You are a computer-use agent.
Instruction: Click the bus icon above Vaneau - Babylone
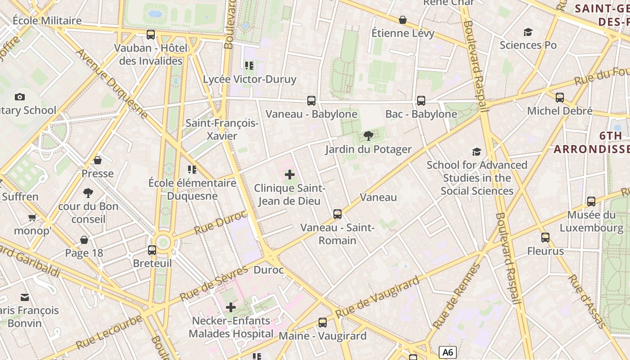click(x=311, y=101)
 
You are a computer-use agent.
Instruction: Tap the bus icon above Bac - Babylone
click(x=421, y=101)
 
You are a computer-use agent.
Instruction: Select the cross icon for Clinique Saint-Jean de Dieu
click(x=290, y=175)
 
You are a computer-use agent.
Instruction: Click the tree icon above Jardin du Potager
click(x=369, y=135)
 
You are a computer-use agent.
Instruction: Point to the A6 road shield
click(x=447, y=352)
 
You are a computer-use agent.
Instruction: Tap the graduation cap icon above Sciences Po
click(x=528, y=32)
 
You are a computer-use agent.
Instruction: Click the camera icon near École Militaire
click(x=20, y=97)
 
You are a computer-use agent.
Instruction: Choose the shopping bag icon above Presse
click(x=98, y=160)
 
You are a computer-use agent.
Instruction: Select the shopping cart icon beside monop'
click(x=32, y=218)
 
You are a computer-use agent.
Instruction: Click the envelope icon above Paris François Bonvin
click(x=25, y=297)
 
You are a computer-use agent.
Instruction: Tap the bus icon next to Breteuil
click(x=152, y=250)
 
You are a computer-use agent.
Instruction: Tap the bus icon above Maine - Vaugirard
click(x=323, y=322)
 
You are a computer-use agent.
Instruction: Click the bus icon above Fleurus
click(x=545, y=237)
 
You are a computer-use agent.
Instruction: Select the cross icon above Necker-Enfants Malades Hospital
click(x=231, y=307)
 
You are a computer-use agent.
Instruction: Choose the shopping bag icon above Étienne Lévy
click(x=403, y=20)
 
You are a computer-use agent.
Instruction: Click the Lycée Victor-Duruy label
click(x=250, y=80)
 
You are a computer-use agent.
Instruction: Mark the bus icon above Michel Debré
click(x=560, y=97)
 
